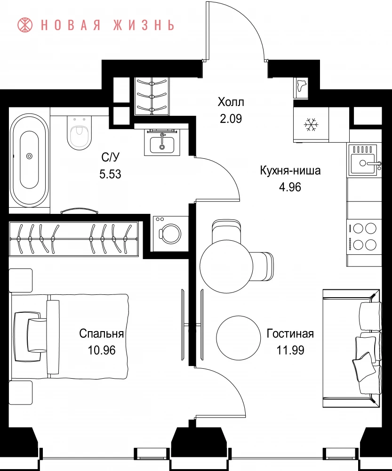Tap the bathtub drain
[29, 156]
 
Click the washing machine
[170, 234]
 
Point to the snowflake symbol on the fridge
[311, 125]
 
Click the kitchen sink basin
[363, 163]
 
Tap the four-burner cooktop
[364, 237]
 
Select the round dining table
[226, 267]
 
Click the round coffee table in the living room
[239, 337]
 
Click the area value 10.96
[102, 350]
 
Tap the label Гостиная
[290, 334]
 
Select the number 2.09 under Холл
[231, 119]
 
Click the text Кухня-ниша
[290, 171]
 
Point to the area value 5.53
[110, 174]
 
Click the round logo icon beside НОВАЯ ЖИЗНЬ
[25, 24]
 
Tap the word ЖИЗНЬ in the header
[144, 25]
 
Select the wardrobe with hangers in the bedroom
[74, 239]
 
